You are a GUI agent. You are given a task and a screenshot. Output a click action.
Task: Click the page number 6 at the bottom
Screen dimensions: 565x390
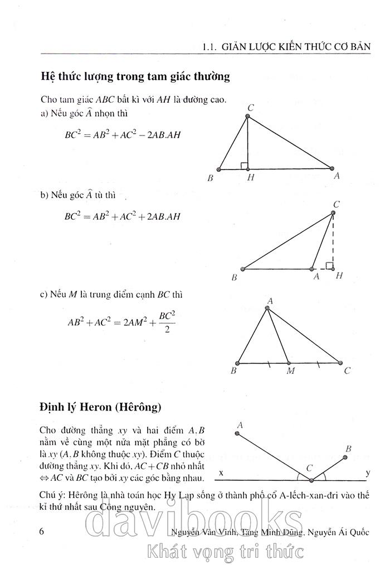(42, 531)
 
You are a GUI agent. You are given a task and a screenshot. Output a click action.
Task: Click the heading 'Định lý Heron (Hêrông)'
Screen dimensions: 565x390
(100, 407)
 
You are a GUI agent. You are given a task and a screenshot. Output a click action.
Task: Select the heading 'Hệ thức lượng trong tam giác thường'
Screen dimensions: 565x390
(135, 76)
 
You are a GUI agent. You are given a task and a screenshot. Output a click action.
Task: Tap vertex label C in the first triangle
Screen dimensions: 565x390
(251, 108)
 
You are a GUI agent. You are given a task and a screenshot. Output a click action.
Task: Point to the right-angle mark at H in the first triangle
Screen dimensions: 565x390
(244, 165)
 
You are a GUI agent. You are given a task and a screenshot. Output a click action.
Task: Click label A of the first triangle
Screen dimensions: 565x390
(337, 176)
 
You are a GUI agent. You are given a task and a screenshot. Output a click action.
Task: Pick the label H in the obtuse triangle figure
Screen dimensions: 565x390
(339, 276)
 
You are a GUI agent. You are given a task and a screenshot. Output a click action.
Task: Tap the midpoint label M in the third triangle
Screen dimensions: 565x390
(290, 371)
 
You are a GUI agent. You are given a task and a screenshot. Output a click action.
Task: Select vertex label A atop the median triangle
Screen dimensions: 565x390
(269, 301)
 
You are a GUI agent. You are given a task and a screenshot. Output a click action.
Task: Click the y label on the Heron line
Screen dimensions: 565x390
(368, 473)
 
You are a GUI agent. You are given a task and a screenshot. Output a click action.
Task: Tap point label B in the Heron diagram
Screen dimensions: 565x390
(348, 449)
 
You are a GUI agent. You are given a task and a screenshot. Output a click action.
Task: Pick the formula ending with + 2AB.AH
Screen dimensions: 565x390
(123, 216)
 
